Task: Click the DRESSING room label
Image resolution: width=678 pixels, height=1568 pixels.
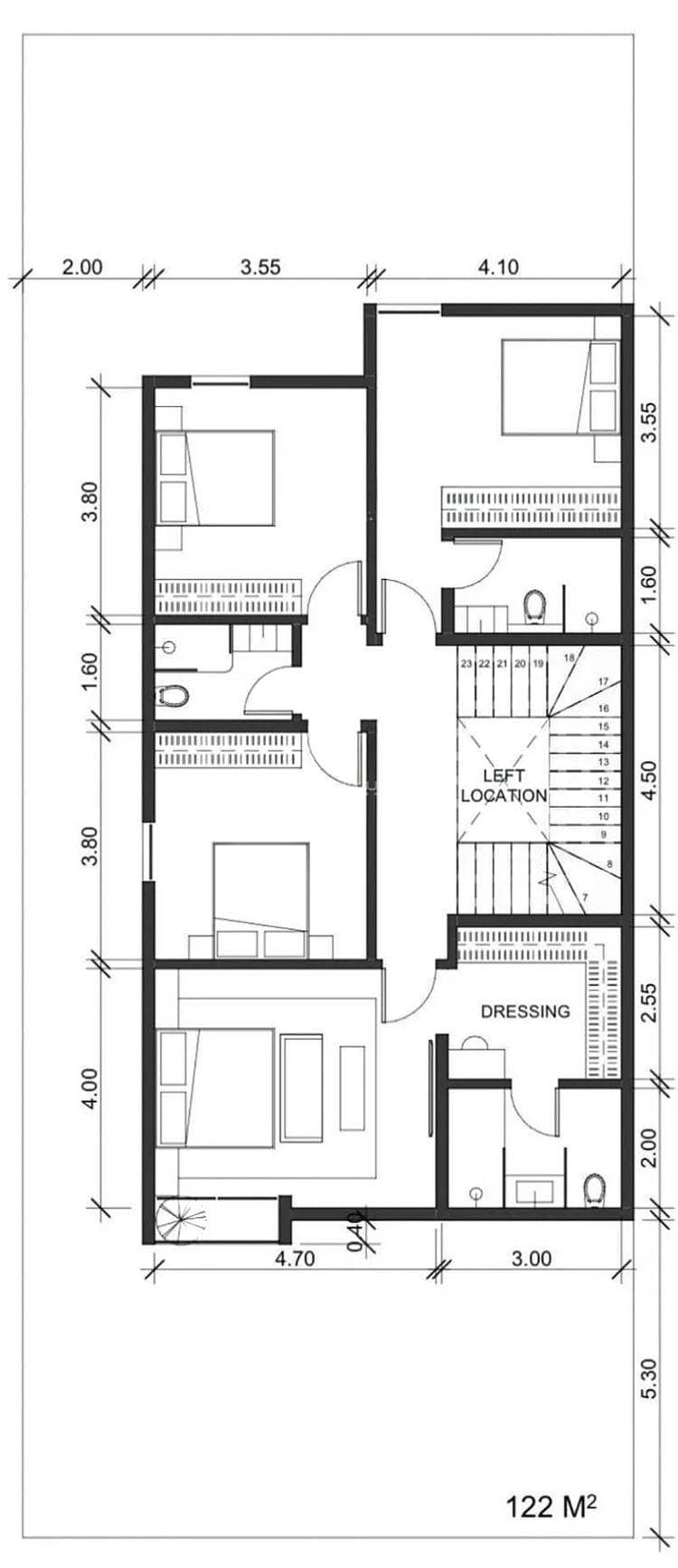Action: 525,1011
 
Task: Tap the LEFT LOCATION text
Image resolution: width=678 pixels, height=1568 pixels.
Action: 504,785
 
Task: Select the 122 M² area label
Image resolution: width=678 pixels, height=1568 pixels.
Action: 551,1506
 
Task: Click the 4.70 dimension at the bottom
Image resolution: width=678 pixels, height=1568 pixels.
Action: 294,1258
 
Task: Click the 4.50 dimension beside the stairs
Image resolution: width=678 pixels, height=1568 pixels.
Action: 647,782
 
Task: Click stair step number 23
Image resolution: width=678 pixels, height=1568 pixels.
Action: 466,663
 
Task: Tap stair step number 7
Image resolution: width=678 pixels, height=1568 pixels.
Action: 585,898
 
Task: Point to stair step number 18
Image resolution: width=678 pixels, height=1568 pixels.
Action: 569,658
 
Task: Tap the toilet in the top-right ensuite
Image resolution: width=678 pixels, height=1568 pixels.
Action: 535,606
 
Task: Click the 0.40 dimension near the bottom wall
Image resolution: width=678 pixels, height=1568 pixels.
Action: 356,1231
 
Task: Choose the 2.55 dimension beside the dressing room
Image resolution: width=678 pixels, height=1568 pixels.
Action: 647,1001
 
